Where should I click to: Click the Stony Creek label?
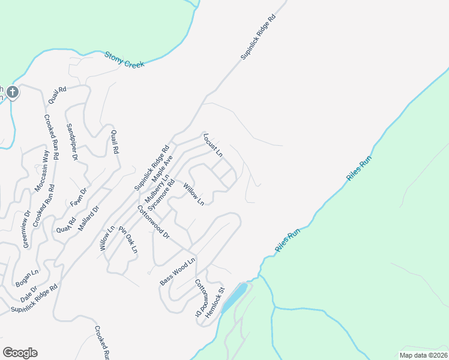125,59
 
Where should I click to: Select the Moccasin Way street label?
41,172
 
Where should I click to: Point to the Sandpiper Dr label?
72,142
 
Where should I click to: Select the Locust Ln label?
212,145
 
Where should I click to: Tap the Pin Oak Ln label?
128,239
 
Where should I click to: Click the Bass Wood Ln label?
178,272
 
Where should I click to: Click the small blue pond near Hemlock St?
235,297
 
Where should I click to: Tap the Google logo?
20,353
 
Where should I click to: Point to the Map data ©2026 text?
423,355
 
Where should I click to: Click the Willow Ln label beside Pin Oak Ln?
107,238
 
